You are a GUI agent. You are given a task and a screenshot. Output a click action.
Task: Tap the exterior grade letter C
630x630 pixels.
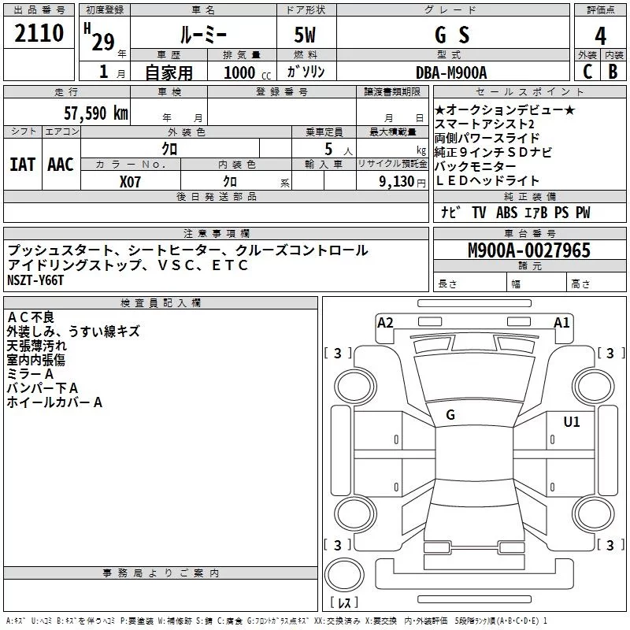pos(587,72)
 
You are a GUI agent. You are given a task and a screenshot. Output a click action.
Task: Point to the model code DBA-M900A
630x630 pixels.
pos(450,72)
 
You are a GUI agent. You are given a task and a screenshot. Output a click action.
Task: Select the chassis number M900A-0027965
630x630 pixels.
pos(528,250)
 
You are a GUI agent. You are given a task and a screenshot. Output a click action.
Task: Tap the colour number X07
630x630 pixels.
pos(131,181)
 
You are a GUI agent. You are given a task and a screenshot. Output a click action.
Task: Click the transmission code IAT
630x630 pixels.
pos(22,165)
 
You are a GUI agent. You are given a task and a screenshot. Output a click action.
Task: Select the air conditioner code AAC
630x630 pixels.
pos(60,165)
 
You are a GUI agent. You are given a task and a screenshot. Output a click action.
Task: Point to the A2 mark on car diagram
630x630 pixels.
pos(385,322)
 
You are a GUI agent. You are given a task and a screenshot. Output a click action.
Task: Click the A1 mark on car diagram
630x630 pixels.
pos(561,322)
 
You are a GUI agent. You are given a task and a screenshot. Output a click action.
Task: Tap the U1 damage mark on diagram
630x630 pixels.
pos(571,422)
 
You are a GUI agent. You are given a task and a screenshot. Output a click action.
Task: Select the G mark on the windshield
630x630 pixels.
pos(450,415)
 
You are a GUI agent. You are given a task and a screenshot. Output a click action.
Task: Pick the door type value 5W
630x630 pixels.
pos(306,35)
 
